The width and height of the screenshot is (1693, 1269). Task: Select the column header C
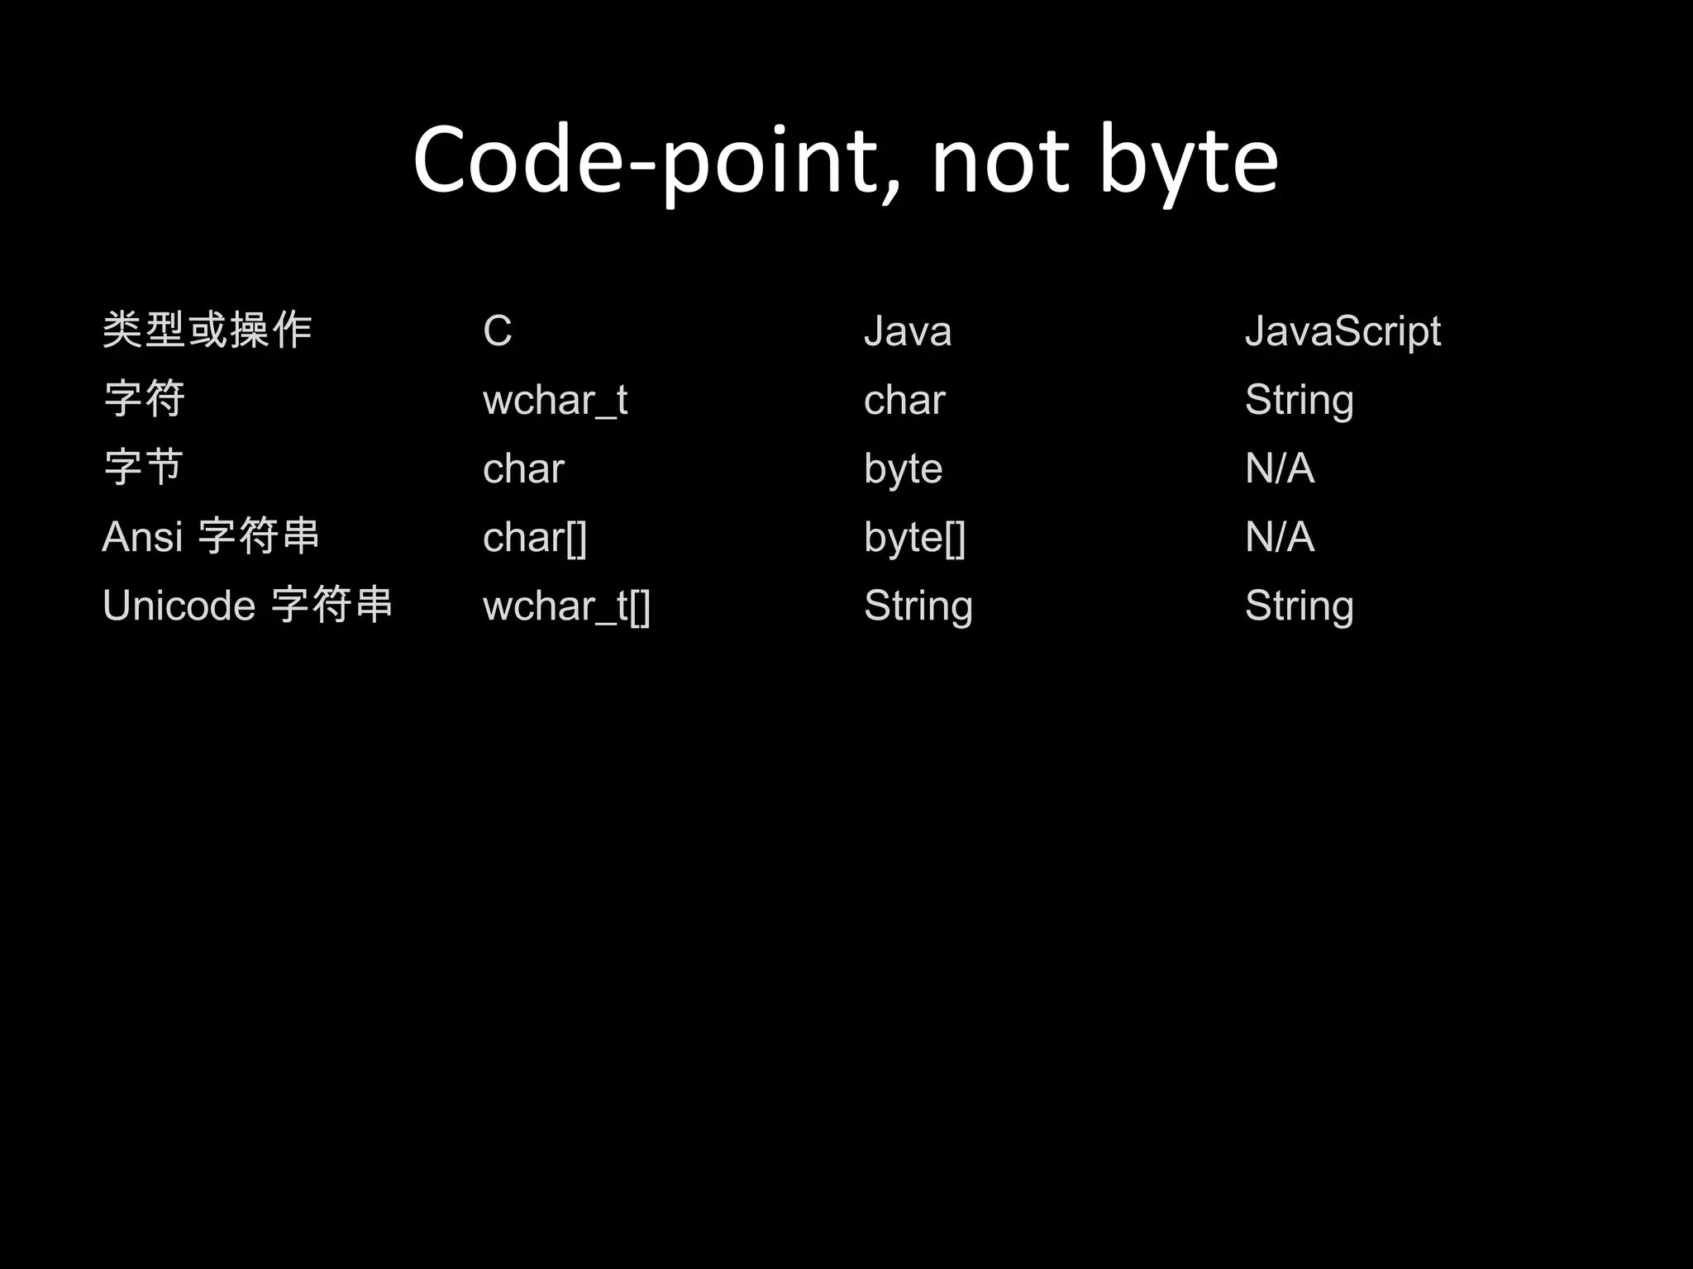point(498,331)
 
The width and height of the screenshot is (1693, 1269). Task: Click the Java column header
point(908,331)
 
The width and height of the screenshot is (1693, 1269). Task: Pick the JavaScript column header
point(1342,331)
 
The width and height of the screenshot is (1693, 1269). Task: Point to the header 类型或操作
point(207,330)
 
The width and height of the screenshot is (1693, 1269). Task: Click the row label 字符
point(145,399)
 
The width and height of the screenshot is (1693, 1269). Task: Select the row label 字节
point(144,468)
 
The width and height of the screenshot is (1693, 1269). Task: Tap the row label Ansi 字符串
point(211,536)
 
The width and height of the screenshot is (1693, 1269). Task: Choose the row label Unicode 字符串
point(247,605)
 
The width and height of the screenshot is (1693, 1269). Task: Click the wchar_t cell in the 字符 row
point(556,401)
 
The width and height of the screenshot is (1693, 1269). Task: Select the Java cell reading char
point(904,401)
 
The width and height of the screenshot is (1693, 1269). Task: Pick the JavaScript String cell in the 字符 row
point(1300,401)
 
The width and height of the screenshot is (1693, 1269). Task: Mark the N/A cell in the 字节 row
point(1280,468)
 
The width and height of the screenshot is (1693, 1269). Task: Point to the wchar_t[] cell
point(567,606)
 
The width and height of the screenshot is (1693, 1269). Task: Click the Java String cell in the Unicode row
point(918,606)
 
